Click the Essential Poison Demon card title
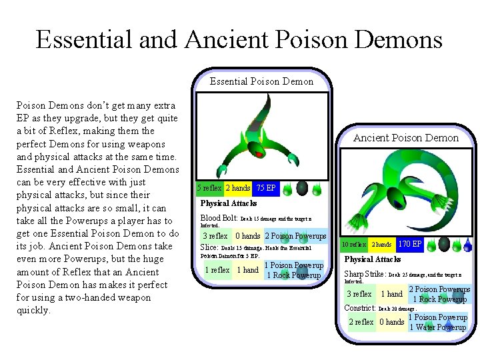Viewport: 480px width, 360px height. (261, 82)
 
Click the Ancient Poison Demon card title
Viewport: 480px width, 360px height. (405, 138)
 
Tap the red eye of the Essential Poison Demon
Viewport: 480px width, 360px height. (259, 154)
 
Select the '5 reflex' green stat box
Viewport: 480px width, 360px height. (210, 189)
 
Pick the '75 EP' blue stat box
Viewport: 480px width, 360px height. (265, 189)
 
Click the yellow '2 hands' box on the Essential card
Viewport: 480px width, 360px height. (238, 189)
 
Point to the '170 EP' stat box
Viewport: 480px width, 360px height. (411, 245)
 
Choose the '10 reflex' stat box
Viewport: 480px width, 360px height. (353, 245)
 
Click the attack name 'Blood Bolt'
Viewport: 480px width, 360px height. (219, 218)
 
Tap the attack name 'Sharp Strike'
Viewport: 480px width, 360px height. (364, 274)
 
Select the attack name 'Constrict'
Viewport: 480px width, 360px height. (360, 308)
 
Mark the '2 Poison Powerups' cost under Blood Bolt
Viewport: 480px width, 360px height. (295, 236)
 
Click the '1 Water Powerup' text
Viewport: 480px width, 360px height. (437, 327)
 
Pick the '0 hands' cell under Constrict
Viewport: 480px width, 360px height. (392, 323)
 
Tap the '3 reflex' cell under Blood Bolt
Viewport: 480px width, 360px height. (215, 236)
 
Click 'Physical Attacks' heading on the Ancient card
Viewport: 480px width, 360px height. (372, 259)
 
